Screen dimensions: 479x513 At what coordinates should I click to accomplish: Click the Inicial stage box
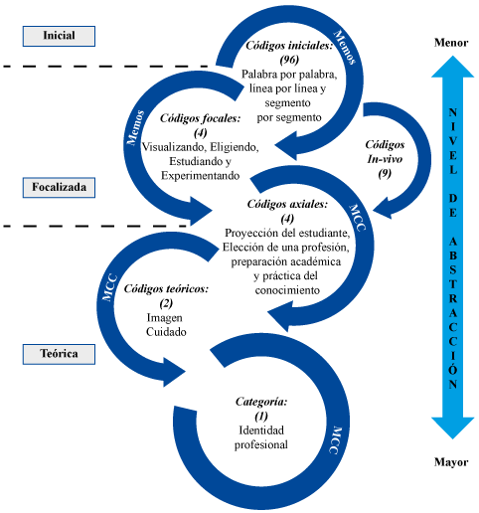pyautogui.click(x=59, y=36)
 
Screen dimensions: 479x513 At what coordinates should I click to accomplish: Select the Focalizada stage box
pyautogui.click(x=59, y=188)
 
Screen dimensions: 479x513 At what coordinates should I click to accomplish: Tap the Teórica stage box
pyautogui.click(x=59, y=354)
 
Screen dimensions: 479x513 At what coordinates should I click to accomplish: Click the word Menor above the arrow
pyautogui.click(x=451, y=43)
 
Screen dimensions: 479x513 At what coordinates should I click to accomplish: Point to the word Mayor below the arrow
pyautogui.click(x=451, y=462)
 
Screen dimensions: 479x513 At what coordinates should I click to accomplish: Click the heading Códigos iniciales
pyautogui.click(x=289, y=46)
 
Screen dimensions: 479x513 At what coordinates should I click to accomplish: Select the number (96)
pyautogui.click(x=289, y=60)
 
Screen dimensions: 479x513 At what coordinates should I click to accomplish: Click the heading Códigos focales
pyautogui.click(x=201, y=118)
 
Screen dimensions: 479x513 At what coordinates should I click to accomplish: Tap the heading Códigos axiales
pyautogui.click(x=287, y=204)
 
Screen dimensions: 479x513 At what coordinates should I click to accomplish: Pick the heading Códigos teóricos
pyautogui.click(x=166, y=289)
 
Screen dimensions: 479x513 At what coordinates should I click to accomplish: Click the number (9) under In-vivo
pyautogui.click(x=385, y=173)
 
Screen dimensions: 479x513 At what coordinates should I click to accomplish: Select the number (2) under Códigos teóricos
pyautogui.click(x=166, y=303)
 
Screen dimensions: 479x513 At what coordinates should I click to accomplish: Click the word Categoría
pyautogui.click(x=261, y=402)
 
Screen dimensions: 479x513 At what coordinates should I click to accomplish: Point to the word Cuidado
pyautogui.click(x=166, y=332)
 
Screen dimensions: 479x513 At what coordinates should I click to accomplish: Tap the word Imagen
pyautogui.click(x=165, y=317)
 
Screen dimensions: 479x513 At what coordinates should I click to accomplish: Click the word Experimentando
pyautogui.click(x=201, y=175)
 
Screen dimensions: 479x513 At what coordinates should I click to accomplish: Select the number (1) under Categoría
pyautogui.click(x=261, y=416)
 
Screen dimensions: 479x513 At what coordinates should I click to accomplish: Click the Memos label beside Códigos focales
pyautogui.click(x=136, y=128)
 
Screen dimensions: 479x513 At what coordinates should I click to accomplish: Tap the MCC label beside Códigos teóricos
pyautogui.click(x=109, y=287)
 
